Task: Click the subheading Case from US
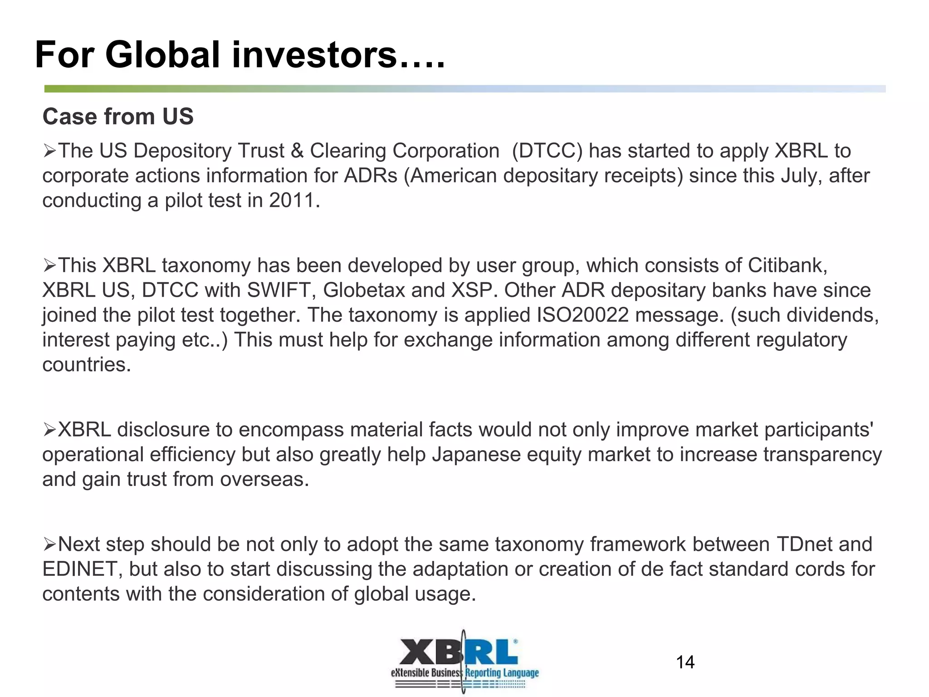click(118, 117)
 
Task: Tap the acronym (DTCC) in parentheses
click(547, 151)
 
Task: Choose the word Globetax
click(364, 290)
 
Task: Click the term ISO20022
click(583, 315)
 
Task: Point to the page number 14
click(685, 663)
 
